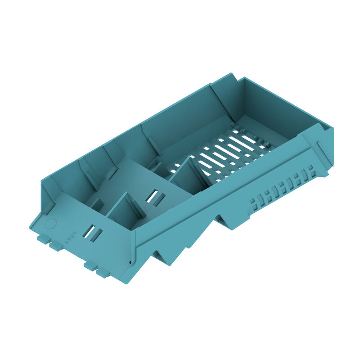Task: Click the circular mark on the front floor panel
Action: click(x=51, y=223)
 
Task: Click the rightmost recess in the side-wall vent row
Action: click(x=310, y=171)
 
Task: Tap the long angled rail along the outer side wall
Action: click(x=225, y=198)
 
